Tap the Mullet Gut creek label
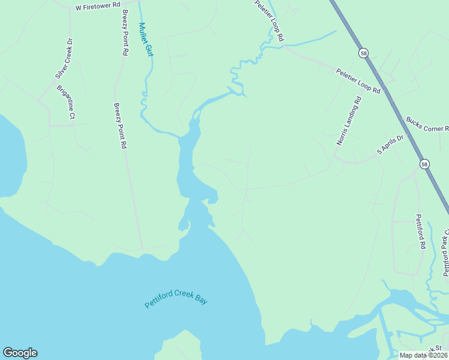[145, 40]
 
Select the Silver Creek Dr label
[64, 58]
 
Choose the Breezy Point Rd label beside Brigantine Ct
[121, 125]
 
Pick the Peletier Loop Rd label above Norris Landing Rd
[358, 81]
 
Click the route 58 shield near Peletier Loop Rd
[364, 53]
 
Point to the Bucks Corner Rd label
[427, 124]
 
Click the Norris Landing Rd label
[349, 122]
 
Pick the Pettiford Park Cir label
[445, 252]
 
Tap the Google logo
[20, 353]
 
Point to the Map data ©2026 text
[423, 355]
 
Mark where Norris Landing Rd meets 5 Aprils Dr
[336, 158]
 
